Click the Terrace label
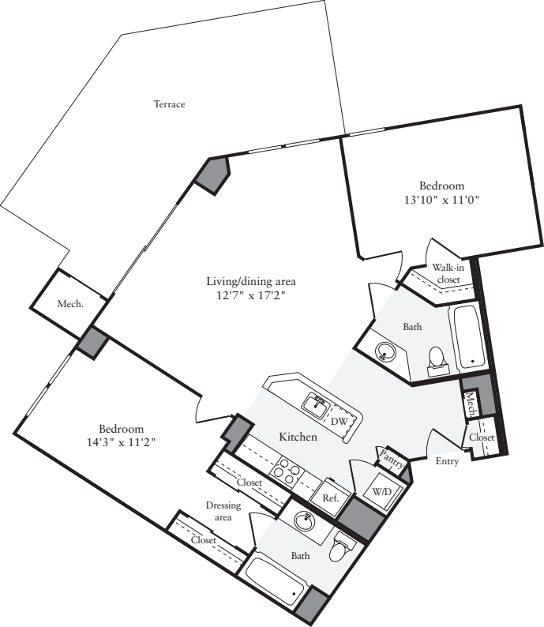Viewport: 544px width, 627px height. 169,104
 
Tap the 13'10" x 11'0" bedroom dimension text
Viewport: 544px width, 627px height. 441,201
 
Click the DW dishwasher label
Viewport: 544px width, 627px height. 339,422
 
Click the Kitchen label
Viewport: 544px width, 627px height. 298,437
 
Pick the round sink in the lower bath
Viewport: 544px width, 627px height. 303,521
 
